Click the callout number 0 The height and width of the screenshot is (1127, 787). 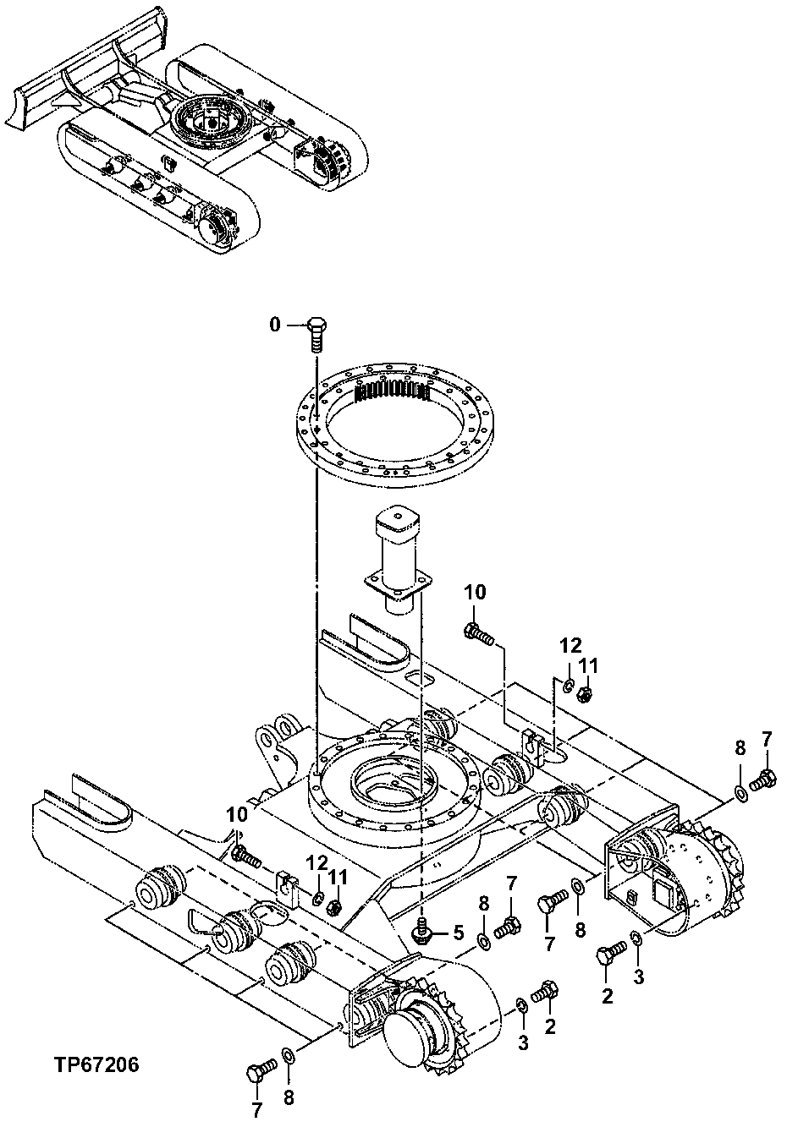pyautogui.click(x=273, y=325)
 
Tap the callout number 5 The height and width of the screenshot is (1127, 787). pyautogui.click(x=458, y=933)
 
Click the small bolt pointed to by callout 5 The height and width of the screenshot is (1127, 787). pyautogui.click(x=421, y=931)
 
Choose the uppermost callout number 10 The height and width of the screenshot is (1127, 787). pyautogui.click(x=475, y=593)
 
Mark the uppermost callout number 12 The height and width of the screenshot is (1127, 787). pyautogui.click(x=570, y=647)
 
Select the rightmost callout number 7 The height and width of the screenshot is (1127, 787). pyautogui.click(x=767, y=738)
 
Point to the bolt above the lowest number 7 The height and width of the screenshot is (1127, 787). pyautogui.click(x=258, y=1072)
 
